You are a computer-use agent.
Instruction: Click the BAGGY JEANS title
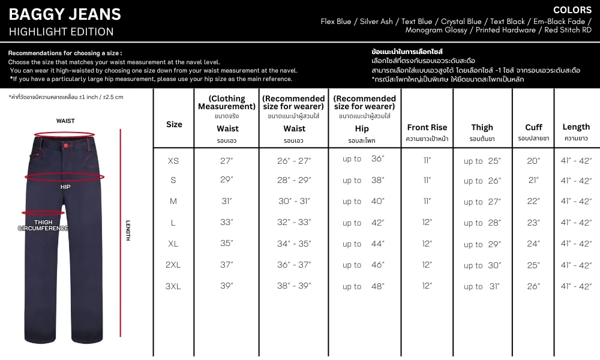[x=65, y=14]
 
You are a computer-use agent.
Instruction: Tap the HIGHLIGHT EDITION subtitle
[x=61, y=32]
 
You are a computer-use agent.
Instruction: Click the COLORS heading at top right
[x=572, y=10]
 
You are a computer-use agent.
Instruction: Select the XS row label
[x=173, y=161]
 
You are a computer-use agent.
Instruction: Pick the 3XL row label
[x=173, y=286]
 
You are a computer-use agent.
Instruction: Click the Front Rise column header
[x=427, y=127]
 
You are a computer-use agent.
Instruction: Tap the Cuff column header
[x=533, y=127]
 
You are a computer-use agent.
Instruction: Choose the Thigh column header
[x=482, y=127]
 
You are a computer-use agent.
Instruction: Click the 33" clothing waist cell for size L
[x=227, y=223]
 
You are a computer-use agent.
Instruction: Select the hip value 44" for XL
[x=363, y=244]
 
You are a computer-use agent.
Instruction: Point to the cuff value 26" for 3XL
[x=533, y=286]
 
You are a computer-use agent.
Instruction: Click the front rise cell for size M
[x=427, y=202]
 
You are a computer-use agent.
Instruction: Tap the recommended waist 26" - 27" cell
[x=294, y=161]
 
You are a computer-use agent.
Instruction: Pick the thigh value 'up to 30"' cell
[x=482, y=265]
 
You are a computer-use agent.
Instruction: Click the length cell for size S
[x=576, y=181]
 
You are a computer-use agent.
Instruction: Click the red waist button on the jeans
[x=65, y=143]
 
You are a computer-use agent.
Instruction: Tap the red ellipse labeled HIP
[x=65, y=178]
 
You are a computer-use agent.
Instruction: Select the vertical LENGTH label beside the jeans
[x=127, y=230]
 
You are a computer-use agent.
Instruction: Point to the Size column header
[x=174, y=125]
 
